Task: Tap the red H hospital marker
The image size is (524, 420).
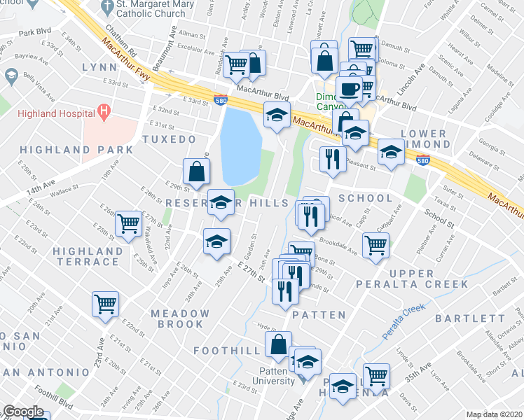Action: (x=104, y=111)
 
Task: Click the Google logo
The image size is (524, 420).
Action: (x=23, y=412)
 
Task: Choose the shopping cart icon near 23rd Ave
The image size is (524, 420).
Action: (x=105, y=304)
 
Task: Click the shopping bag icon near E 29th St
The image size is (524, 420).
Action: (x=197, y=171)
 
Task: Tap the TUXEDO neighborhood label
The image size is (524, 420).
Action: (x=169, y=140)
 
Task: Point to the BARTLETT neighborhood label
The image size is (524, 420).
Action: (x=469, y=318)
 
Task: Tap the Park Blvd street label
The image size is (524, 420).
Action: (x=36, y=33)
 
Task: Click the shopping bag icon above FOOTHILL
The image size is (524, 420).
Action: (x=278, y=344)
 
